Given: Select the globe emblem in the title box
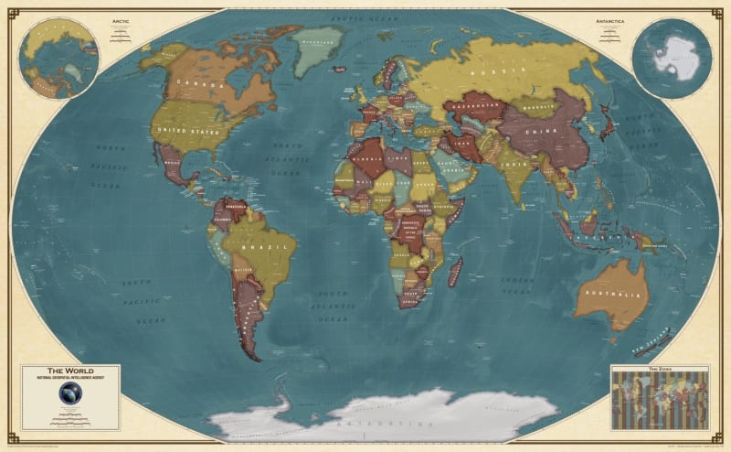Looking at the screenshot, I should pyautogui.click(x=69, y=393).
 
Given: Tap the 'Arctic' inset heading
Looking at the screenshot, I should pyautogui.click(x=121, y=19).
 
